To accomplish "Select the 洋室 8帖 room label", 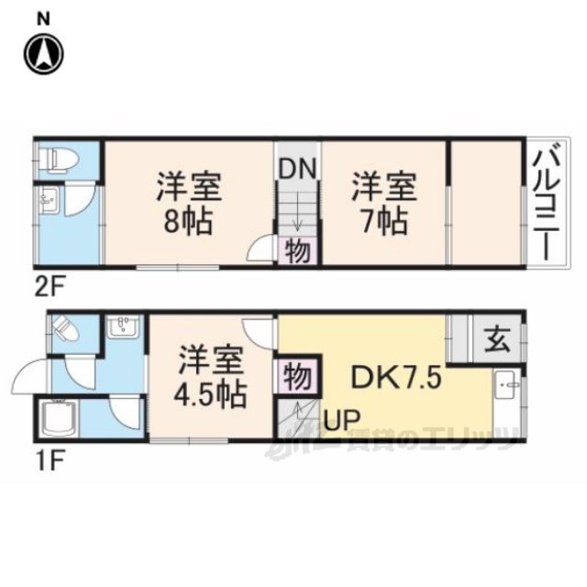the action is tap(190, 203).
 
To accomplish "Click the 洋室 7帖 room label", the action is tap(384, 203).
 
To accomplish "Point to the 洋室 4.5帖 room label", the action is tap(211, 377).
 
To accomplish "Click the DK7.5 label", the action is tap(396, 378).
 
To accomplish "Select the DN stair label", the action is tap(298, 169).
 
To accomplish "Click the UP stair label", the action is tap(342, 419).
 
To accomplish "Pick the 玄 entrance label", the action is tap(497, 340).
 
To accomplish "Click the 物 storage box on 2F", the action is tap(298, 250).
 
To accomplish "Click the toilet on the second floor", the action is tap(59, 160).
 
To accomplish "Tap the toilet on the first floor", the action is tap(66, 328).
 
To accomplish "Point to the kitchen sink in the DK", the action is tap(506, 384).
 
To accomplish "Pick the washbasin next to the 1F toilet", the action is tap(123, 327).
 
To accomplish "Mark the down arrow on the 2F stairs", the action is tap(298, 212).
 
